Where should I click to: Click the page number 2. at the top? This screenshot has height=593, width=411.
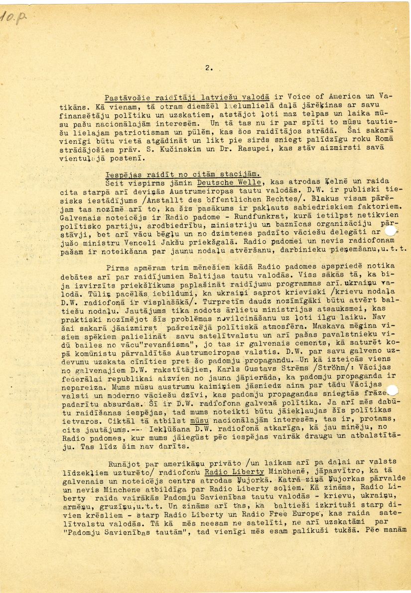click(208, 68)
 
